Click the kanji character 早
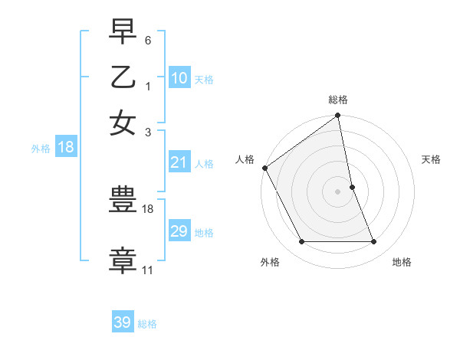pyautogui.click(x=123, y=32)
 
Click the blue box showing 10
pyautogui.click(x=179, y=78)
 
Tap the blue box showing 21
pyautogui.click(x=179, y=162)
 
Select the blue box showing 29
pyautogui.click(x=179, y=231)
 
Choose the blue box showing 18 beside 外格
pyautogui.click(x=66, y=147)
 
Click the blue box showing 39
pyautogui.click(x=123, y=322)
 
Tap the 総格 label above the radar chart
pyautogui.click(x=338, y=100)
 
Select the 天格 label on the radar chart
pyautogui.click(x=432, y=159)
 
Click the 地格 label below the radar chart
pyautogui.click(x=402, y=262)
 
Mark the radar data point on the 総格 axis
pyautogui.click(x=338, y=116)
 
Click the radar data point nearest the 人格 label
pyautogui.click(x=264, y=168)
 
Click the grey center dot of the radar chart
pyautogui.click(x=338, y=191)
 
